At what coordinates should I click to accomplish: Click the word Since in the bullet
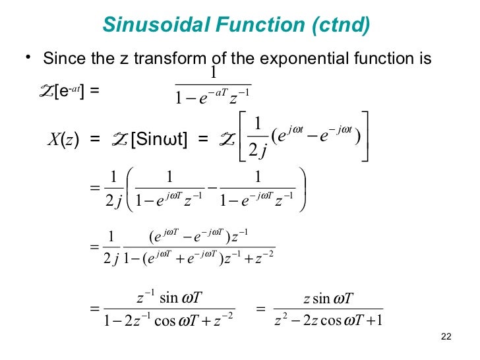pyautogui.click(x=63, y=59)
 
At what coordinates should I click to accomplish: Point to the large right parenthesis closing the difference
pyautogui.click(x=304, y=189)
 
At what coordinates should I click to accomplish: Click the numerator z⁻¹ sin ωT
pyautogui.click(x=171, y=297)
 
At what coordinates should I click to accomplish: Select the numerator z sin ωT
pyautogui.click(x=329, y=298)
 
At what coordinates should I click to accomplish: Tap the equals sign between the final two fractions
pyautogui.click(x=260, y=309)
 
